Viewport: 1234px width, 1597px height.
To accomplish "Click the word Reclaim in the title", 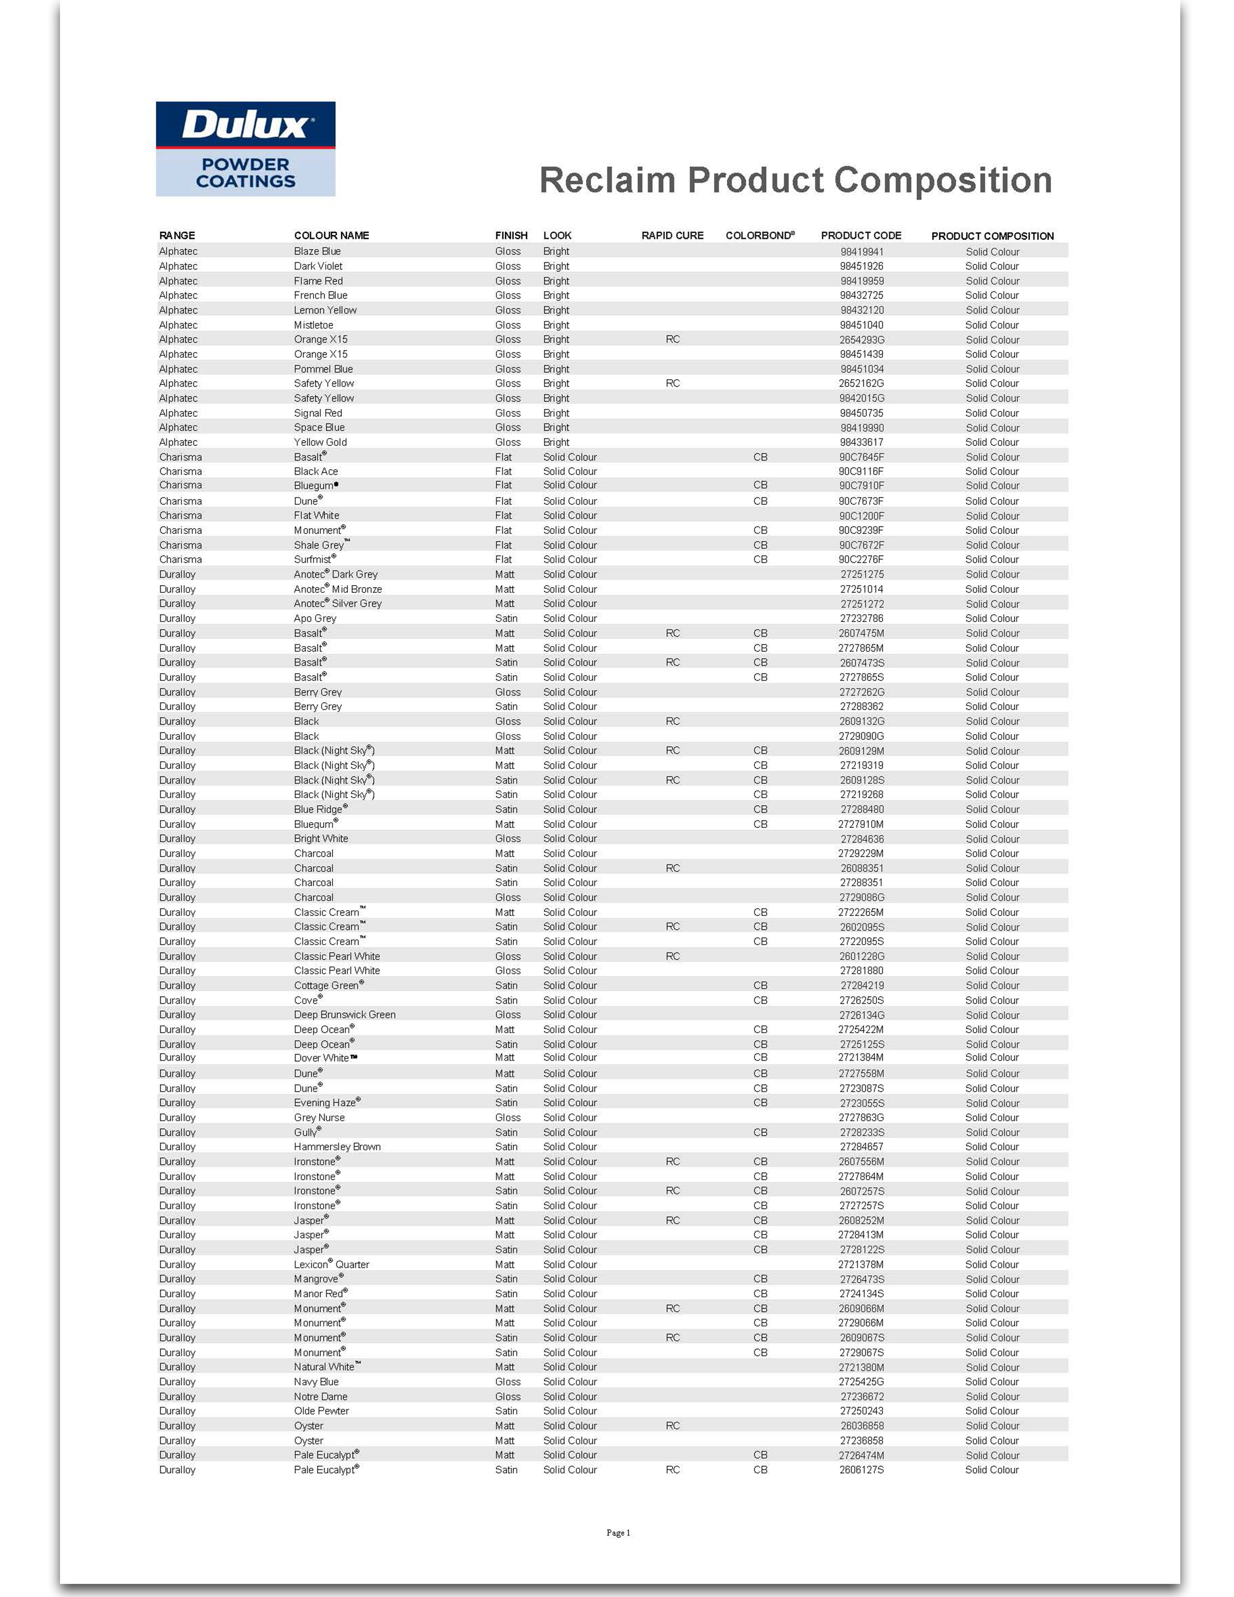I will click(x=607, y=181).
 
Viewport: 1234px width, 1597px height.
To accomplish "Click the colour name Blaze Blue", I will click(x=317, y=252).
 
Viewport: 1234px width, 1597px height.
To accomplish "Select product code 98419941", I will click(x=861, y=252).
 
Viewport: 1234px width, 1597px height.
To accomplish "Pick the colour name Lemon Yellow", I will click(x=325, y=310).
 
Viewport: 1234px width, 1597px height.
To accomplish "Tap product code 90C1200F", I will click(x=861, y=515).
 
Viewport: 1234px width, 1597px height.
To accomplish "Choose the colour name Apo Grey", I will click(x=315, y=618).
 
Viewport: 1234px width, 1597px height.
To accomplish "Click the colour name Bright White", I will click(x=321, y=839).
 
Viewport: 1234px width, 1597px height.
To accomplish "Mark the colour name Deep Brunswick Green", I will click(x=345, y=1015).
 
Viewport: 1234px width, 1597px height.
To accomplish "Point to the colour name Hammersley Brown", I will click(x=337, y=1146).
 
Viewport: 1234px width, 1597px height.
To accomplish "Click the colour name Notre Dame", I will click(x=320, y=1397).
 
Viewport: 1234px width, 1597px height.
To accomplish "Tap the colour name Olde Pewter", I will click(x=321, y=1411).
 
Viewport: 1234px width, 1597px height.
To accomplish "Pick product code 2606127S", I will click(x=861, y=1470).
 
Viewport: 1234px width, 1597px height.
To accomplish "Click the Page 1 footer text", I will click(x=618, y=1533).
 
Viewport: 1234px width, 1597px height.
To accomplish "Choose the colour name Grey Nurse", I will click(x=319, y=1117).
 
